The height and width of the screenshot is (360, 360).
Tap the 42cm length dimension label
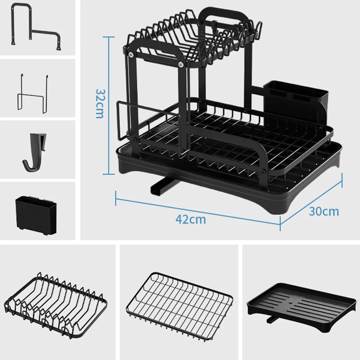coord(191,219)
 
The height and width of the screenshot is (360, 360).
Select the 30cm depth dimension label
coord(324,211)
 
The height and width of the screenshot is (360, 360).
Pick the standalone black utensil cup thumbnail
coord(36,215)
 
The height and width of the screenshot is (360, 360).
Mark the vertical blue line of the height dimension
coord(108,105)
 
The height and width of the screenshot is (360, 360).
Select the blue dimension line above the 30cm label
coord(311,202)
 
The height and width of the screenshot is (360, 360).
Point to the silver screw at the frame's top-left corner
coord(131,54)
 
